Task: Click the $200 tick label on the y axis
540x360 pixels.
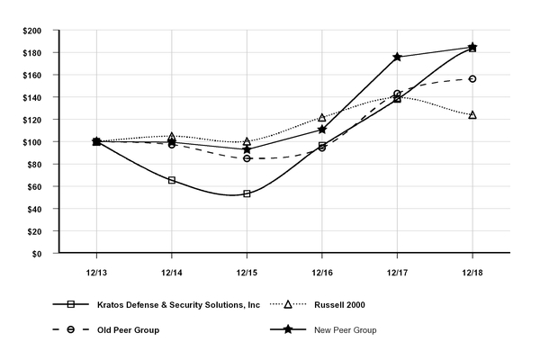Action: [31, 30]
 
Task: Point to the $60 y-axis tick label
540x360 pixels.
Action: [33, 186]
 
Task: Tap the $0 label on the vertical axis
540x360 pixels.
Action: [37, 254]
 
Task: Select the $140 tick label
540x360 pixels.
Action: [31, 97]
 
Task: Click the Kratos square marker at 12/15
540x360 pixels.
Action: [247, 193]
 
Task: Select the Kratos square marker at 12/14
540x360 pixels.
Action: [172, 180]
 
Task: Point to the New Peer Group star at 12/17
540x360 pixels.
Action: [397, 57]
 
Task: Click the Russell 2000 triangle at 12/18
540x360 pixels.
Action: [472, 115]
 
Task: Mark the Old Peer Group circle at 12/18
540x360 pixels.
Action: [472, 79]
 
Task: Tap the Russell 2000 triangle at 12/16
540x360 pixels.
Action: [322, 118]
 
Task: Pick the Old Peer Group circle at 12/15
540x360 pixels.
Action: [247, 158]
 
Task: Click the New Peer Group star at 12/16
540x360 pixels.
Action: [322, 130]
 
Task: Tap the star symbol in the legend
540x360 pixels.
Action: [288, 330]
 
